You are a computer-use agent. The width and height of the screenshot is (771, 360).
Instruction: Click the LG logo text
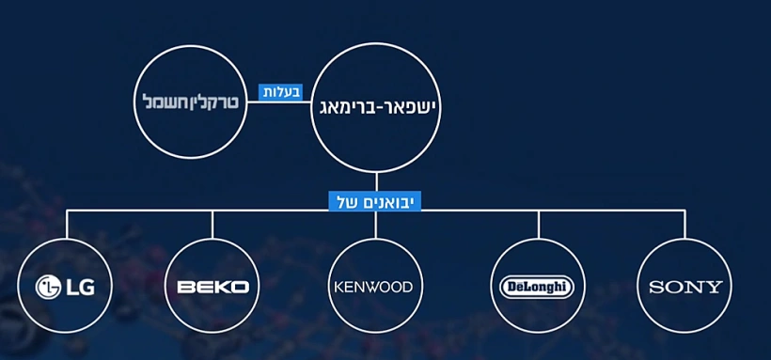click(x=73, y=286)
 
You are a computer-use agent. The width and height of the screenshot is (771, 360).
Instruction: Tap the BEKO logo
click(x=212, y=286)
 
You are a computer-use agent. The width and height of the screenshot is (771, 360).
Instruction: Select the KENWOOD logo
click(x=373, y=286)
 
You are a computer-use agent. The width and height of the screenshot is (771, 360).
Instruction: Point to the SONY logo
click(x=685, y=287)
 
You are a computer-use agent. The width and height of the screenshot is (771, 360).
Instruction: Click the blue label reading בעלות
click(x=280, y=92)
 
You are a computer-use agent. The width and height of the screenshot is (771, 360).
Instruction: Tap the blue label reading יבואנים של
click(x=374, y=201)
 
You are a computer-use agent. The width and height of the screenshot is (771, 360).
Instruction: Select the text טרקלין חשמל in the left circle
click(x=187, y=100)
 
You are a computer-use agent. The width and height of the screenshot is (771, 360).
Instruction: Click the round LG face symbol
click(x=48, y=286)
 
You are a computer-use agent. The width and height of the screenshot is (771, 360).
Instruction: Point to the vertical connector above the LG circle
click(x=68, y=226)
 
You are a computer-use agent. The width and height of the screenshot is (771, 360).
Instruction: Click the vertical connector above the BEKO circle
click(x=212, y=226)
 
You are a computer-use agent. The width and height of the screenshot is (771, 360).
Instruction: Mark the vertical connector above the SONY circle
click(x=684, y=226)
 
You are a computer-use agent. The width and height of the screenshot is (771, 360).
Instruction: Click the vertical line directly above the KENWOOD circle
click(x=375, y=226)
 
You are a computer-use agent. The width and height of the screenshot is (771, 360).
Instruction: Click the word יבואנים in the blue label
click(x=389, y=201)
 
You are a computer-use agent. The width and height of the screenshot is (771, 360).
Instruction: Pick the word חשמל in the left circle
click(x=163, y=100)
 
